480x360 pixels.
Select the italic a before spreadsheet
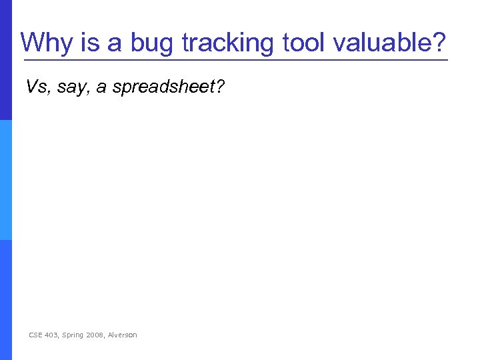101,87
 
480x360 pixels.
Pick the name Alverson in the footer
123,335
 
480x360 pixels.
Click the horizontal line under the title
234,61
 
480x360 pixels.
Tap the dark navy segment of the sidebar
5,60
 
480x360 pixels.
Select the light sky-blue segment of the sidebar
5,180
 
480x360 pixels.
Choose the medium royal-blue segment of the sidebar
5,300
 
